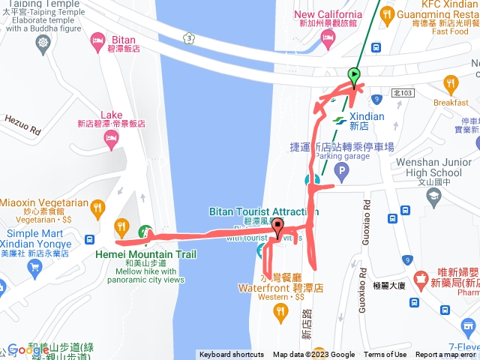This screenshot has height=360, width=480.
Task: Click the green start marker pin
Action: (354, 75)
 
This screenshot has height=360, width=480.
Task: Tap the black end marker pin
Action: (278, 226)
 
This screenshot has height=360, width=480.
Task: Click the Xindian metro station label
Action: (366, 117)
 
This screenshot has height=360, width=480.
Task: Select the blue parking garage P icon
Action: (342, 173)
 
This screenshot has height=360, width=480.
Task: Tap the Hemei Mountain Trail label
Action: (146, 254)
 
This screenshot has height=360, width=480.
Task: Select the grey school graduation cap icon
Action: (433, 197)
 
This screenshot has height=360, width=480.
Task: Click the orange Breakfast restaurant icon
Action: (451, 83)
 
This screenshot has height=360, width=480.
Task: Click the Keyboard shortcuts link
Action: (232, 355)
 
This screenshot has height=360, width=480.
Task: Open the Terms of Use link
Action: (385, 355)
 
